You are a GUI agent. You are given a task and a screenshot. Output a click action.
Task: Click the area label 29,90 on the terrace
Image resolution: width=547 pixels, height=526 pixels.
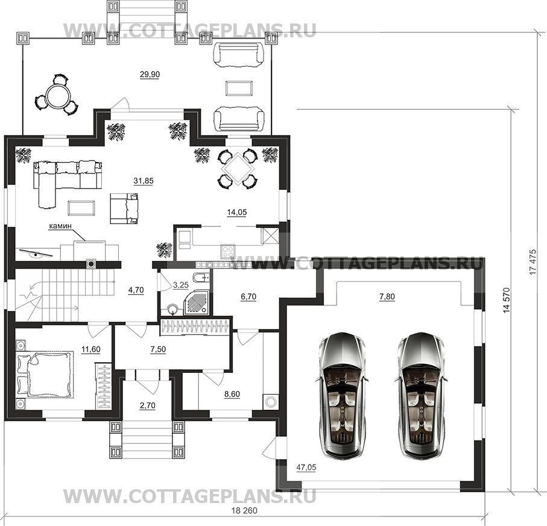click(150, 74)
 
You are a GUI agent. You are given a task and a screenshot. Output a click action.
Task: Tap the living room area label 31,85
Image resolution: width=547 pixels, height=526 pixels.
click(144, 181)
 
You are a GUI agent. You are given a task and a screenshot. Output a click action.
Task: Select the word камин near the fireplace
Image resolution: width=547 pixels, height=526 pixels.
click(60, 226)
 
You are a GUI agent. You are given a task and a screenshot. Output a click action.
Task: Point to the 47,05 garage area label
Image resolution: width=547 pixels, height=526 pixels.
click(306, 467)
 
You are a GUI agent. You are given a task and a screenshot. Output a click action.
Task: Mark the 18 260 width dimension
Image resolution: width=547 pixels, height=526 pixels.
click(244, 511)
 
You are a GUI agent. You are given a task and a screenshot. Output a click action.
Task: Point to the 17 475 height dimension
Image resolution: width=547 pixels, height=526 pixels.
click(533, 261)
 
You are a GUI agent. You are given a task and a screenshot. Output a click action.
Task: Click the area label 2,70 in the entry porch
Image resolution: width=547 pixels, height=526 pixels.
click(147, 405)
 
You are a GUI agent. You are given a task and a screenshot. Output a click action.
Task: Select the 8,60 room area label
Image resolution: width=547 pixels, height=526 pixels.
click(232, 394)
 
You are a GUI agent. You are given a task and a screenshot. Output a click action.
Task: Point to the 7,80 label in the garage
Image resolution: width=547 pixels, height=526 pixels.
click(387, 296)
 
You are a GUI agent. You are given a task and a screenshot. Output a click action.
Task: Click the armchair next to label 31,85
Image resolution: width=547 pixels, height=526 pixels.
click(124, 208)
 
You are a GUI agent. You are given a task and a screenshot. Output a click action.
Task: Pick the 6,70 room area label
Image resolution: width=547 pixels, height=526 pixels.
click(248, 296)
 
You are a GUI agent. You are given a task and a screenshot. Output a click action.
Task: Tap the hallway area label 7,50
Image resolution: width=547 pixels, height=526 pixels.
click(157, 349)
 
